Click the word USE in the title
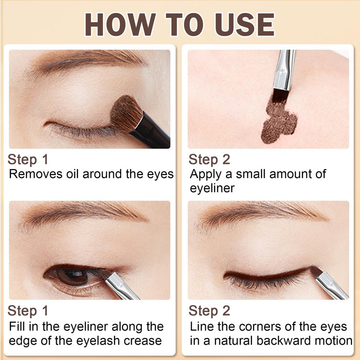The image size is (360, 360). click(244, 24)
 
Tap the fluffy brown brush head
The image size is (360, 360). click(126, 113)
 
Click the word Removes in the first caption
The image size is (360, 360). click(36, 174)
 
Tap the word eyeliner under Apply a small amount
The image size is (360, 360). click(212, 189)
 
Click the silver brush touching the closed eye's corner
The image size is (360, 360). click(331, 285)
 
